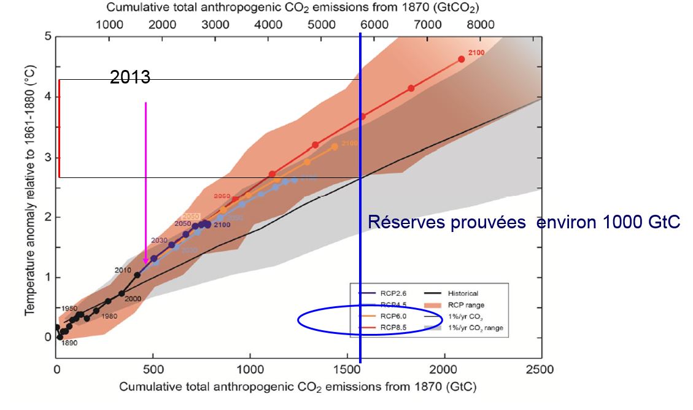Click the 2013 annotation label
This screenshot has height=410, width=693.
pos(130,77)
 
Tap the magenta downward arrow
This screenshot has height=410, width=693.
pos(145,184)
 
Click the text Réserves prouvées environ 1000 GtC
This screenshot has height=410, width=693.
pos(524,223)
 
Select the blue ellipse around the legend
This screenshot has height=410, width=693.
pos(370,320)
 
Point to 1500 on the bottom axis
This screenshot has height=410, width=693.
pos(347,369)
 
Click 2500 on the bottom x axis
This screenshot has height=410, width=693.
pos(541,369)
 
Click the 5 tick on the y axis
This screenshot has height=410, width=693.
pos(47,37)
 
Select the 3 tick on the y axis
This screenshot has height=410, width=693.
pos(47,157)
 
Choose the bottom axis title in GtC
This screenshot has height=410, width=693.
pos(298,387)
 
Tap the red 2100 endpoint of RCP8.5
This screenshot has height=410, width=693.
pos(461,59)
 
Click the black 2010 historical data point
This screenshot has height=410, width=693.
pos(137,275)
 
